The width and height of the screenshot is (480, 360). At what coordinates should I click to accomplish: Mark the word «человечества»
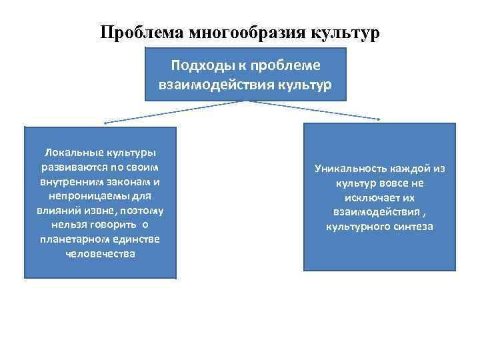101,254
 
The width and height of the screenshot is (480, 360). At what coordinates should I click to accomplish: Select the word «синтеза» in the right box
413,227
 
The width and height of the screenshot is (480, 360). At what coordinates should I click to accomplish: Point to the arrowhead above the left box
105,123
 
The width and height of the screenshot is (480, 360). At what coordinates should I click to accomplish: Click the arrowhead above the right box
380,119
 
